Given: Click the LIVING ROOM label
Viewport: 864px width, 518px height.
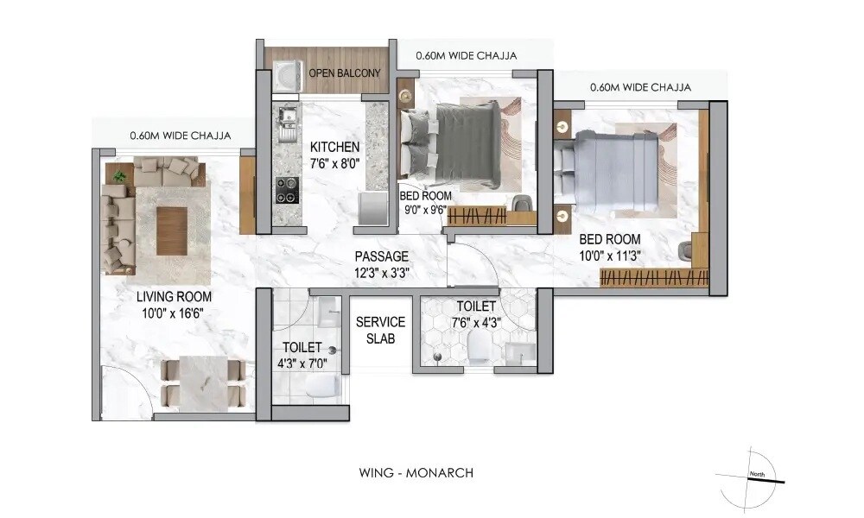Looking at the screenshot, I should click(175, 297).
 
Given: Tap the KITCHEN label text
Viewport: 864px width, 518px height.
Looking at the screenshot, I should click(334, 147).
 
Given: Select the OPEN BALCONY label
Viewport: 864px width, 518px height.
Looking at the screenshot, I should click(345, 73).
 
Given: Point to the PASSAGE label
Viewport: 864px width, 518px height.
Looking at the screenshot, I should click(381, 256).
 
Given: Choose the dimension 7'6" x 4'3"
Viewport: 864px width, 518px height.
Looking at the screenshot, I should click(475, 322).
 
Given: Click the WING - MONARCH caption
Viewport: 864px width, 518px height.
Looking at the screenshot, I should click(416, 472).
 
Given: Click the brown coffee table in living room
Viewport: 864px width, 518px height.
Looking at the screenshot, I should click(171, 230).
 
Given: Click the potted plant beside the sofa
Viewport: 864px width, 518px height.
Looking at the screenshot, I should click(118, 176).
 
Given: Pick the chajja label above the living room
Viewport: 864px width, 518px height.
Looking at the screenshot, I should click(180, 135).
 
